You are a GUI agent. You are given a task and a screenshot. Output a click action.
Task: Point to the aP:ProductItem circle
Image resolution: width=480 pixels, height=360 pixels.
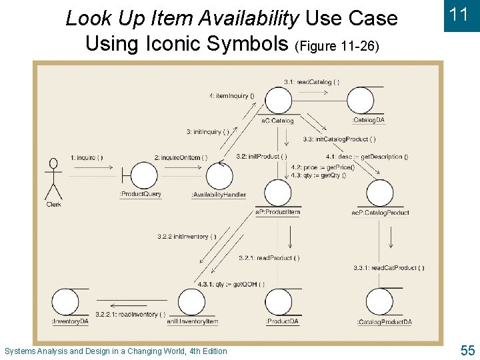278,194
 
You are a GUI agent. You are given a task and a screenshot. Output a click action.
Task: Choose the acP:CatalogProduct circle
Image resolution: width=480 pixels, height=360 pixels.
380,194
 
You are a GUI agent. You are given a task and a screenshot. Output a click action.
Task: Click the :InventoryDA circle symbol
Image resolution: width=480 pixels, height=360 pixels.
66,303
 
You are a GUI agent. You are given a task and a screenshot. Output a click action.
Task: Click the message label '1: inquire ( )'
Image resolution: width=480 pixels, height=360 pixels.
87,157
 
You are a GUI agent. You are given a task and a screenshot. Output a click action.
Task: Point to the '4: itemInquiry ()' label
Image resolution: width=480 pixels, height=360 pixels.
232,95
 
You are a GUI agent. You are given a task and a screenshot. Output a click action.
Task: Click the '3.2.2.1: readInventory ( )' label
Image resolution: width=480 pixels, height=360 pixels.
130,314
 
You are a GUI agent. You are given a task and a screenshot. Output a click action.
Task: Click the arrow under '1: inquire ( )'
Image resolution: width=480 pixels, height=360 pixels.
87,168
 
